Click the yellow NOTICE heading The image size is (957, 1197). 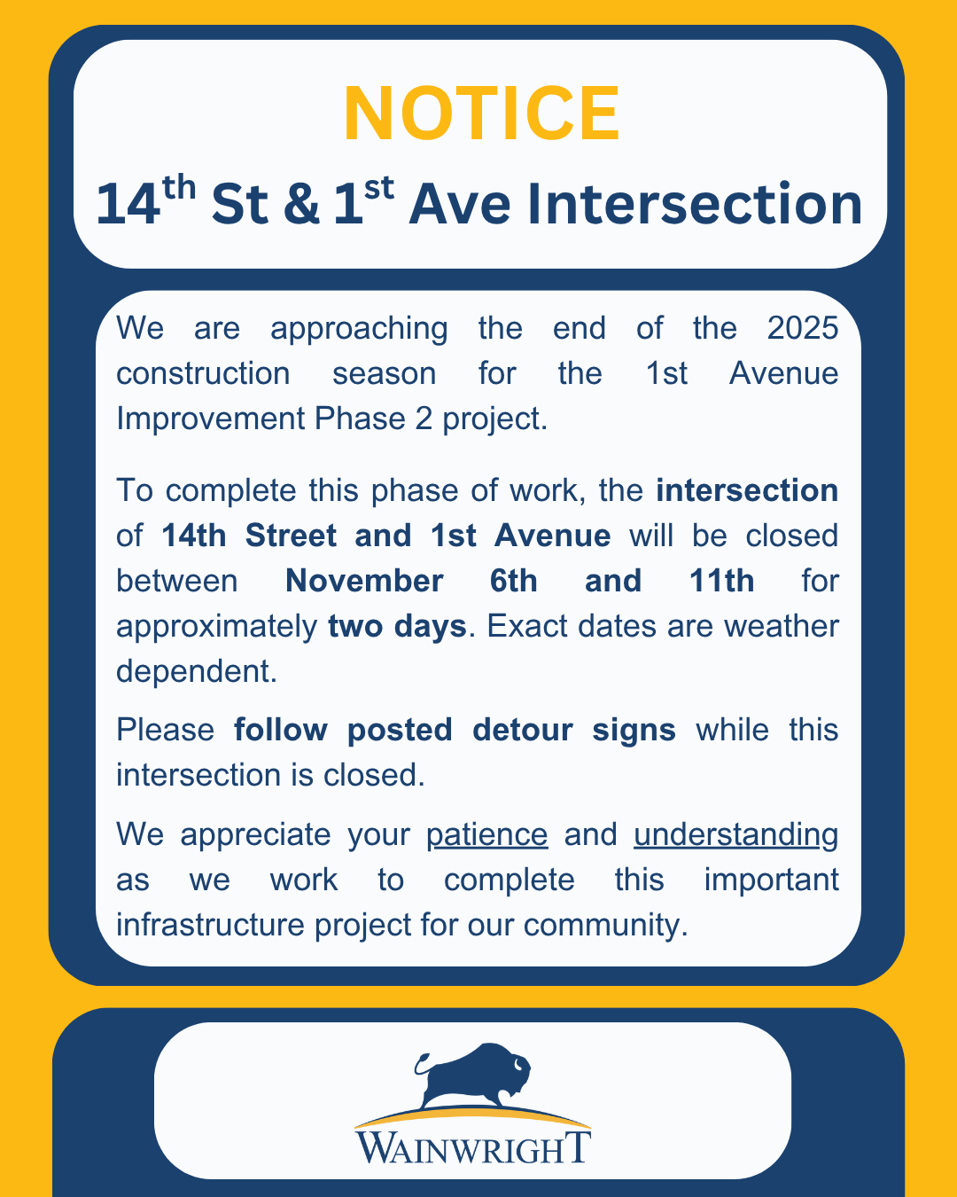click(481, 113)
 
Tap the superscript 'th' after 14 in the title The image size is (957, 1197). click(179, 188)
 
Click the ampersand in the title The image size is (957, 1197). click(301, 204)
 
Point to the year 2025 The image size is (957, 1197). click(803, 327)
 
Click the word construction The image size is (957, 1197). click(203, 373)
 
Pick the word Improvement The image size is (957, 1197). click(211, 419)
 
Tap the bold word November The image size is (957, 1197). click(364, 582)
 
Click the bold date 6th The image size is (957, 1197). click(513, 582)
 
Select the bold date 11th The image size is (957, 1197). click(722, 582)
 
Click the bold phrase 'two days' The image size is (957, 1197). click(397, 627)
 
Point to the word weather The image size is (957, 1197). click(782, 626)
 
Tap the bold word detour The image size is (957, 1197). click(522, 730)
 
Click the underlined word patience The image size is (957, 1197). click(487, 835)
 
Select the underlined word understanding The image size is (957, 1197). click(736, 835)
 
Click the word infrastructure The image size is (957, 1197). click(210, 925)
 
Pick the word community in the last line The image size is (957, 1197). click(605, 926)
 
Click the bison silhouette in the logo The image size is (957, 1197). click(472, 1076)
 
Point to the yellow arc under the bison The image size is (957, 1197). click(472, 1111)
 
